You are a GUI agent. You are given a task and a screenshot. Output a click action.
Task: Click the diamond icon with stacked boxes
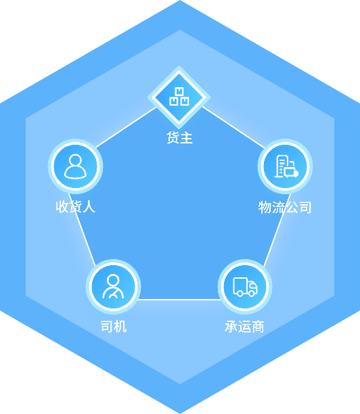179,97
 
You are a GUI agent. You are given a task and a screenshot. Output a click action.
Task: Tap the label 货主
179,138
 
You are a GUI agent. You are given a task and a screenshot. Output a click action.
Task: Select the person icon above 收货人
75,166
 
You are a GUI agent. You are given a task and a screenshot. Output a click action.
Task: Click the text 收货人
75,207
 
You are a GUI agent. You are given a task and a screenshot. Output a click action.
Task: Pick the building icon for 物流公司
286,166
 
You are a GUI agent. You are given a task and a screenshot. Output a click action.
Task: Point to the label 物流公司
285,207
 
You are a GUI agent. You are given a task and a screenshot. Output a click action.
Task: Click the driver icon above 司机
113,286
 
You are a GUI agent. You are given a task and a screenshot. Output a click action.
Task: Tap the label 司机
114,326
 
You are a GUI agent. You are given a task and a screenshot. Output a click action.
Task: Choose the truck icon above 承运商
245,286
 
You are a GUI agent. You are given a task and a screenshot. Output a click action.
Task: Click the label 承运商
244,327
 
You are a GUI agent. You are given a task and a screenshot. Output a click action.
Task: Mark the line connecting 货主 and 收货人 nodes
127,127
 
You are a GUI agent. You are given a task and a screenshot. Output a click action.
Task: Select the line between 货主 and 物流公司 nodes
233,127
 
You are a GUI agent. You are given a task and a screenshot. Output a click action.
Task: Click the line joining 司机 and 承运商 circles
179,300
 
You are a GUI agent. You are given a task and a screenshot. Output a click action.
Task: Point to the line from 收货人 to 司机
82,230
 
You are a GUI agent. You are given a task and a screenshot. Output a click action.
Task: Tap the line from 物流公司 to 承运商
277,230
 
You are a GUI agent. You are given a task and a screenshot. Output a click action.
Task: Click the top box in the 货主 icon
179,91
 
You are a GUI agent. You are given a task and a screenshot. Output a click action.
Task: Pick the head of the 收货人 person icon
75,160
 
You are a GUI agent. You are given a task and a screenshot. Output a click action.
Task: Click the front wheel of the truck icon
252,293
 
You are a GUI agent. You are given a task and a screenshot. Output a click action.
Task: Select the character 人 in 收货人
89,207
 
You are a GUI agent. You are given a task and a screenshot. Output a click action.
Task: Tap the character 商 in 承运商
258,327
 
